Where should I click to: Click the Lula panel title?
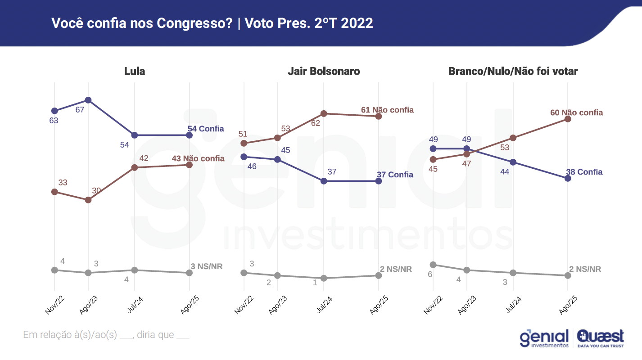pos(135,71)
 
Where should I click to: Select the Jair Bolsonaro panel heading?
pos(324,71)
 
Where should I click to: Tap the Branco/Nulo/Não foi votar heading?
pos(513,71)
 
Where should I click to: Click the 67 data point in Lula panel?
pos(88,100)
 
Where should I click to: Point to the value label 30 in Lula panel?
pos(96,191)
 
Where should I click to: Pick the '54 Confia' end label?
pos(206,129)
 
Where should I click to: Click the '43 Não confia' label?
pos(198,158)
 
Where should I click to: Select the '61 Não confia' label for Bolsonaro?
pos(387,110)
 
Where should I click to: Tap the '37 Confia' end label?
pos(395,175)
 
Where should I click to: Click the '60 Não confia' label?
pos(576,112)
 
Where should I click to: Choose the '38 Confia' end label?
pos(584,172)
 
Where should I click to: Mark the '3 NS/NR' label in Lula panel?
pos(207,266)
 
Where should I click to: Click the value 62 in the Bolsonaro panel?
pos(315,123)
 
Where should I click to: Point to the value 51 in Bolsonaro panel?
pos(243,134)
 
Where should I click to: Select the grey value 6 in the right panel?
pos(430,274)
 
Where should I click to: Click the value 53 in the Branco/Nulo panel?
pos(505,147)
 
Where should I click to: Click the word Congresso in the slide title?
pos(187,23)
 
